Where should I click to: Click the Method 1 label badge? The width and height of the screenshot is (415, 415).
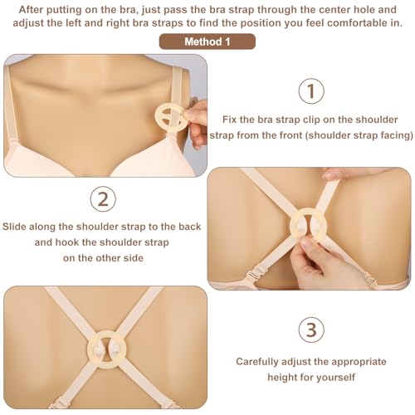coord(207,41)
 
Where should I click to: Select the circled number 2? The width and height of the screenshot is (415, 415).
coord(101,199)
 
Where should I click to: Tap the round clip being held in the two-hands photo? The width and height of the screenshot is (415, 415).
coord(299,230)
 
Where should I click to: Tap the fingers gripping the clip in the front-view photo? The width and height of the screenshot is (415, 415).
coord(197,116)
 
